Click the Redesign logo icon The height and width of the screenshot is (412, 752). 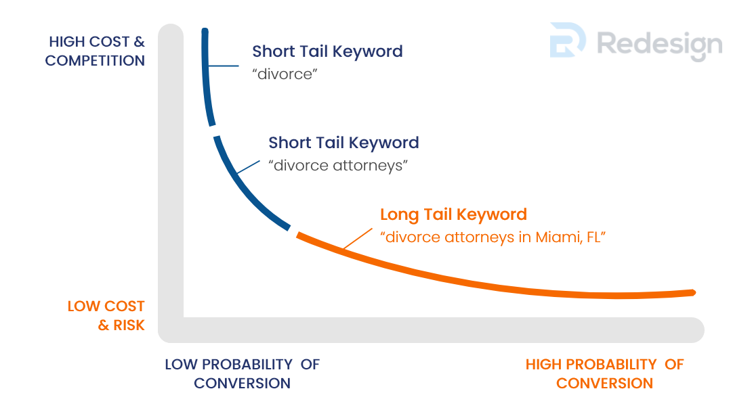pyautogui.click(x=567, y=40)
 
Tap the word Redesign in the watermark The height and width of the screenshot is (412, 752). pyautogui.click(x=659, y=45)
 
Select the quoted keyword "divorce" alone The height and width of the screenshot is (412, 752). pyautogui.click(x=285, y=74)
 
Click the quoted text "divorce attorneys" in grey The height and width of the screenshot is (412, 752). pyautogui.click(x=338, y=165)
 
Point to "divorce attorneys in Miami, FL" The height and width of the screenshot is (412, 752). pyautogui.click(x=493, y=237)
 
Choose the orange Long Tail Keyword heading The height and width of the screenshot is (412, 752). pyautogui.click(x=453, y=214)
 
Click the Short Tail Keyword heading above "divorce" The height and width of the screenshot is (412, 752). pyautogui.click(x=328, y=51)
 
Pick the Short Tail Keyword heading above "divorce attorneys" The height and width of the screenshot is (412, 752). pyautogui.click(x=343, y=143)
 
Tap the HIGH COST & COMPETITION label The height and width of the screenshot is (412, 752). pyautogui.click(x=95, y=51)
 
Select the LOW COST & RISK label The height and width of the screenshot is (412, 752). pyautogui.click(x=106, y=316)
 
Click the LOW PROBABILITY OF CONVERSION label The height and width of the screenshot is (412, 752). pyautogui.click(x=242, y=373)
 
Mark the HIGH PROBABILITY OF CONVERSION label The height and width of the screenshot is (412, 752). pyautogui.click(x=605, y=373)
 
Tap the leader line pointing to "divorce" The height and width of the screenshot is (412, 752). pyautogui.click(x=224, y=66)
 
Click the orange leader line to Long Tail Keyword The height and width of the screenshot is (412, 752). pyautogui.click(x=358, y=239)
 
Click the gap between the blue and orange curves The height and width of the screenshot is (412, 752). pyautogui.click(x=293, y=231)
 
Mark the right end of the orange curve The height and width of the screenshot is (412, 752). pyautogui.click(x=694, y=292)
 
